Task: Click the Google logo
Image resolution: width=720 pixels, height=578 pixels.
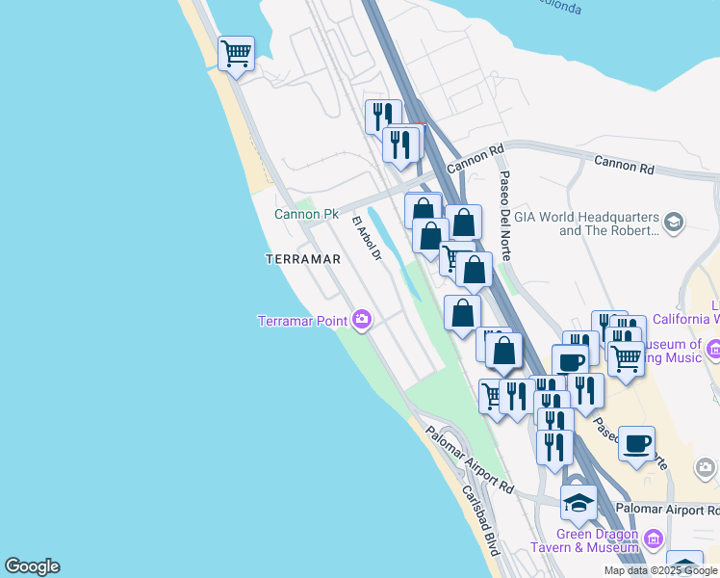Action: coord(32,566)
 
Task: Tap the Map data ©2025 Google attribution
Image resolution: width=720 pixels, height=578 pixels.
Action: coord(660,570)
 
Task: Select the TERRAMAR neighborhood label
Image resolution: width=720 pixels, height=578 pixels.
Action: coord(304,259)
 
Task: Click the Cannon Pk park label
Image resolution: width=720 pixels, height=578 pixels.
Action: coord(306,214)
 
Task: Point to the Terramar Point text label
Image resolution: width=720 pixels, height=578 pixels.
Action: coord(303,321)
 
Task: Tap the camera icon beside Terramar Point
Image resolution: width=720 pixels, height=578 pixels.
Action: coord(362,319)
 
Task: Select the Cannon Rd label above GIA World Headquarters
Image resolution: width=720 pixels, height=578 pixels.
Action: coord(623,165)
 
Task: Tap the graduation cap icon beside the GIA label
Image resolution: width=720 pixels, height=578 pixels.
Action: coord(673,223)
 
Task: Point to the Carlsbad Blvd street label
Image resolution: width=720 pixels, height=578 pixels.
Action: coord(480,520)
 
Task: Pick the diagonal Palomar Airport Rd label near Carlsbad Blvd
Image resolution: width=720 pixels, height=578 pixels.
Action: coord(470,460)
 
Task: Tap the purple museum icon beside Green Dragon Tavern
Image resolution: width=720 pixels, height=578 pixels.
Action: coord(654,537)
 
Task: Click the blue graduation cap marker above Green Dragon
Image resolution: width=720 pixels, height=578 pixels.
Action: coord(579,502)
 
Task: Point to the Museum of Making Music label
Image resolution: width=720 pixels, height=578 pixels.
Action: coord(674,352)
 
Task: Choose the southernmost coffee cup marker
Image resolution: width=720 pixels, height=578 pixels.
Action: coord(636,443)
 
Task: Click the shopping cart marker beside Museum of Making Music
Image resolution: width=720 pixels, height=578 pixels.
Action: coord(626,358)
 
